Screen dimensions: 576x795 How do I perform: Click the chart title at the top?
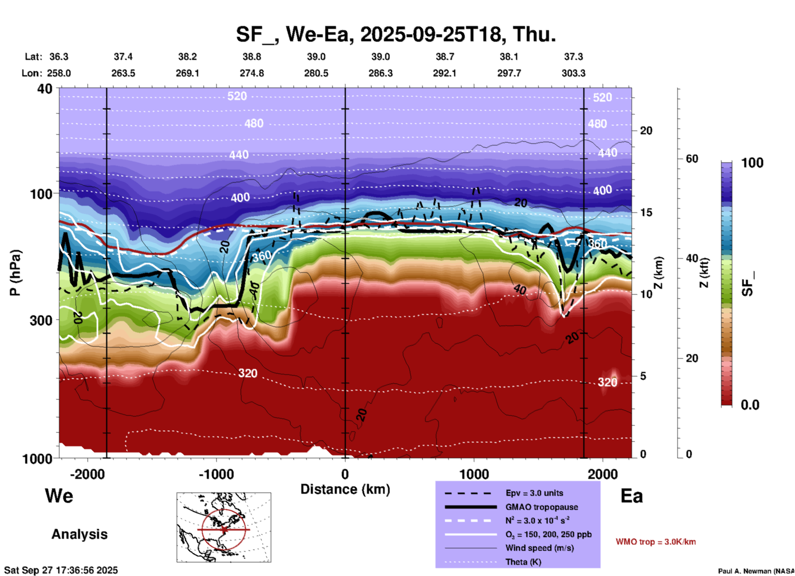(x=395, y=34)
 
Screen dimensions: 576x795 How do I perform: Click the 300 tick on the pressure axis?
(x=41, y=320)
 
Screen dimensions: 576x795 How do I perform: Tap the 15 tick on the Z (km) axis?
(x=646, y=212)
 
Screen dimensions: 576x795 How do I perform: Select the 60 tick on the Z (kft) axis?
(x=691, y=159)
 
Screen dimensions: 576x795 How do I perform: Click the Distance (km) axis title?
(x=345, y=489)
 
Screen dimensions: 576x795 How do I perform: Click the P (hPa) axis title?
(x=15, y=273)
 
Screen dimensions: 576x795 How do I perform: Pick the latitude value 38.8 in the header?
(x=252, y=57)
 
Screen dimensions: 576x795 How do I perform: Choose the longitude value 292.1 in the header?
(x=445, y=73)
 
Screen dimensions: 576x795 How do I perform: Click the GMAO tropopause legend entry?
(x=542, y=507)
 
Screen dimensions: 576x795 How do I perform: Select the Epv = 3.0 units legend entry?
(x=534, y=493)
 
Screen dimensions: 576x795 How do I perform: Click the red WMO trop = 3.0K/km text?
(x=655, y=542)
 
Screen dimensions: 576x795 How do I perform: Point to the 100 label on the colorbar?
(x=752, y=163)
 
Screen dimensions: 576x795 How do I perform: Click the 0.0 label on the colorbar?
(x=750, y=405)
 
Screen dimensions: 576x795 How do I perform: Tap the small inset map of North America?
(x=224, y=527)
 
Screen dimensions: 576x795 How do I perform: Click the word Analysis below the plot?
(x=79, y=534)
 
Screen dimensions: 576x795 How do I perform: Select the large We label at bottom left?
(x=59, y=496)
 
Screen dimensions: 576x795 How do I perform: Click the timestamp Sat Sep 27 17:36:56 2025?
(x=61, y=570)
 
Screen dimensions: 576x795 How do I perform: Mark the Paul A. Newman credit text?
(x=756, y=571)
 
